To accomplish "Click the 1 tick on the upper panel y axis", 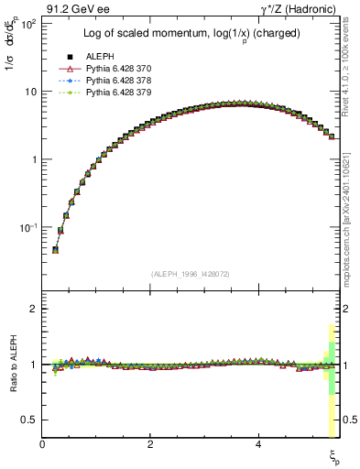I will [x=34, y=159].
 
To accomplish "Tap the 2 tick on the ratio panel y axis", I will [x=34, y=309].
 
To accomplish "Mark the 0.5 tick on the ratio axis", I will [x=30, y=420].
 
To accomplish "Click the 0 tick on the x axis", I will [x=43, y=444].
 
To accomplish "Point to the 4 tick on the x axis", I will [x=258, y=444].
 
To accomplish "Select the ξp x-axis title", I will [x=334, y=454].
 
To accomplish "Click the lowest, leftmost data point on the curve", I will [x=55, y=249].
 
